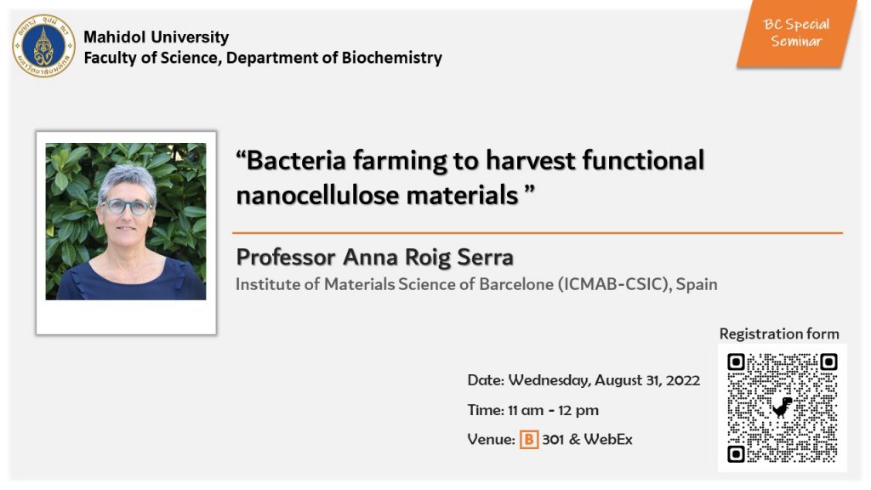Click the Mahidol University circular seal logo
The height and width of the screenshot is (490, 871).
(44, 46)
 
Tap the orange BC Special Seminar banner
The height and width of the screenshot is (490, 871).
(796, 33)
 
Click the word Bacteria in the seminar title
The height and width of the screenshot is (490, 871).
(296, 161)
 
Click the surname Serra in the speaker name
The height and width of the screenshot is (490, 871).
(485, 257)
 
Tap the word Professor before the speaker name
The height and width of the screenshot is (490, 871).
(286, 257)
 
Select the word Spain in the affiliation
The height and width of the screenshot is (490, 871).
(697, 285)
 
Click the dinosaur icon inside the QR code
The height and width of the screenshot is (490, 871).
(783, 407)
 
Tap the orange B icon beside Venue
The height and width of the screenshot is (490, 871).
(529, 440)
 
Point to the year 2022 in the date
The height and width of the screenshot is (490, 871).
(683, 380)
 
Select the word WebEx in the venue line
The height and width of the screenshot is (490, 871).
(608, 440)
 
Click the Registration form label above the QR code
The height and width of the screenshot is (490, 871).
(779, 333)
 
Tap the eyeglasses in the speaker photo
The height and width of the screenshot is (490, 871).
(128, 207)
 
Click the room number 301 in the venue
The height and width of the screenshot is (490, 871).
(553, 440)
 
